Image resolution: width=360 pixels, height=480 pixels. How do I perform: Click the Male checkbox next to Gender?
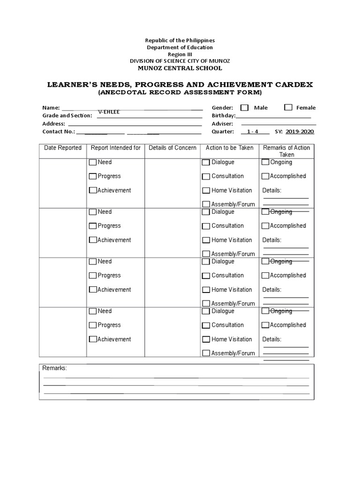(x=244, y=107)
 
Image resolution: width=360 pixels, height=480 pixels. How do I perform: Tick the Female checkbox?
(x=288, y=107)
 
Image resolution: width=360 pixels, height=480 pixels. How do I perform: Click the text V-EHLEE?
(x=109, y=112)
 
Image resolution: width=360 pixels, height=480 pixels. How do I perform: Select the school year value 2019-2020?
(x=300, y=132)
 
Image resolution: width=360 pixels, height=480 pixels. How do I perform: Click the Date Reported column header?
(x=63, y=148)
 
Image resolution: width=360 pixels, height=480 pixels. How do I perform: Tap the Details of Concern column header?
(x=172, y=148)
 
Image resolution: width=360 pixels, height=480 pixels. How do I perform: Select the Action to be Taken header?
(x=230, y=148)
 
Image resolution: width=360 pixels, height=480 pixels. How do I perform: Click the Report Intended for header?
(x=115, y=148)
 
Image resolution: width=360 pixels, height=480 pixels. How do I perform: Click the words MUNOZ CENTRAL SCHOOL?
(x=180, y=68)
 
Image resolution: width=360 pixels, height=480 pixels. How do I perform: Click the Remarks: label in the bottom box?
(x=55, y=368)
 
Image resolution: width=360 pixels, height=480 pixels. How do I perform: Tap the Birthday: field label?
(x=223, y=115)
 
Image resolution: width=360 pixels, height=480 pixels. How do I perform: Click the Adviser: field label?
(x=222, y=124)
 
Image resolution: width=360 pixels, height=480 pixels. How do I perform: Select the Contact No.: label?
(x=59, y=132)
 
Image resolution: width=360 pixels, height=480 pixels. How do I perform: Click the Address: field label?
(x=53, y=124)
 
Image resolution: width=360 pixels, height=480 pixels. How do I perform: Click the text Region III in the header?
(x=180, y=54)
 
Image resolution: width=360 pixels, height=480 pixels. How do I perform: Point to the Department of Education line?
(x=180, y=47)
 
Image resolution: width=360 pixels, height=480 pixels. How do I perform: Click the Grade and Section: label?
(x=67, y=115)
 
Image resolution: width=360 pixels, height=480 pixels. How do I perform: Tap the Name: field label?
(x=51, y=107)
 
